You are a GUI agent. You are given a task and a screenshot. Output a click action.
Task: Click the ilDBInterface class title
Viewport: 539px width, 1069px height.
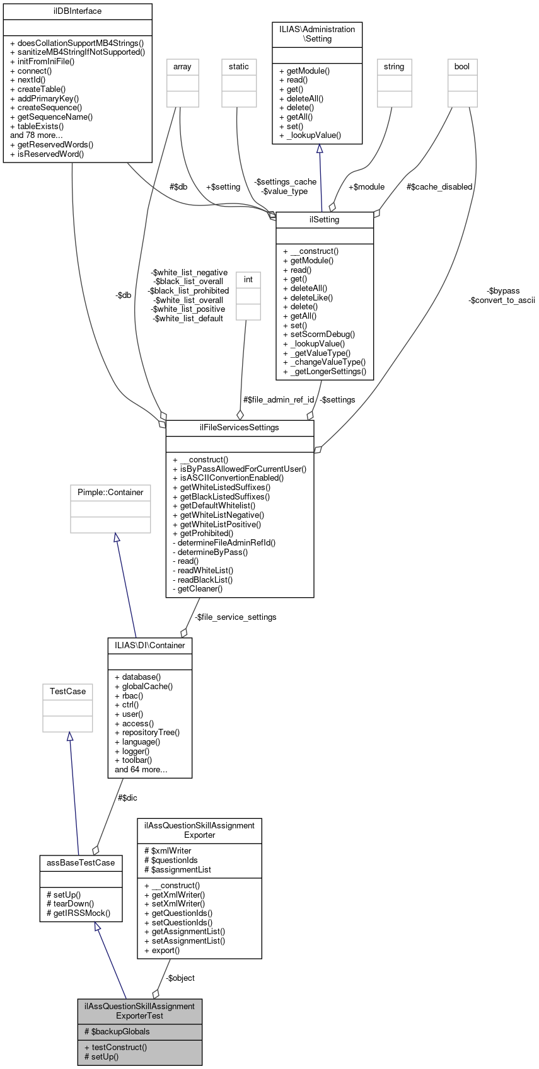click(x=78, y=11)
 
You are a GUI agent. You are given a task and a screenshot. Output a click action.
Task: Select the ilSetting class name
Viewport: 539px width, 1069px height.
click(x=325, y=220)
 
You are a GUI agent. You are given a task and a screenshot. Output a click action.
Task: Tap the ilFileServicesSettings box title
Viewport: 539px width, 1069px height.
click(x=240, y=427)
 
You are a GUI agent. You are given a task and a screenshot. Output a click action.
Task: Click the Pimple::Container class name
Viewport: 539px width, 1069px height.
click(x=110, y=492)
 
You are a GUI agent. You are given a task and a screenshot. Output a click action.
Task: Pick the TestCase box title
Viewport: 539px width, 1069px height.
click(x=67, y=691)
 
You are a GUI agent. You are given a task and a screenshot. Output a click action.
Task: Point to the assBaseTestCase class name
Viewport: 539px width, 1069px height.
click(x=81, y=862)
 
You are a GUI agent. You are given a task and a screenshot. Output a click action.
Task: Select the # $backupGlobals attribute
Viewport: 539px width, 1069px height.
click(x=117, y=1031)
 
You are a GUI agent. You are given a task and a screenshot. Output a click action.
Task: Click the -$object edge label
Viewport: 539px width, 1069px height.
click(x=180, y=978)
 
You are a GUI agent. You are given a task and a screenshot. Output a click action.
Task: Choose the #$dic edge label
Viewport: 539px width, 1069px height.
click(x=127, y=797)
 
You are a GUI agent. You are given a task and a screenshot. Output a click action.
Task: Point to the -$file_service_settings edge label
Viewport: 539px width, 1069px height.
click(x=235, y=617)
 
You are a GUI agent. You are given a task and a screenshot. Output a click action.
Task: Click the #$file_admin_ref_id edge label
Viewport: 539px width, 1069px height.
click(x=279, y=399)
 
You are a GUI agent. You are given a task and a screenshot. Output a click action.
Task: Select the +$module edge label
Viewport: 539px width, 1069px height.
click(x=366, y=186)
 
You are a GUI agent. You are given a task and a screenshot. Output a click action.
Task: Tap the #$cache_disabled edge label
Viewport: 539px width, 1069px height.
click(x=439, y=186)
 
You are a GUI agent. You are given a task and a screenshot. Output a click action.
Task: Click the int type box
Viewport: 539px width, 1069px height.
click(x=248, y=279)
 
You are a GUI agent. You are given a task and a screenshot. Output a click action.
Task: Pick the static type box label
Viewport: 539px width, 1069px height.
click(x=239, y=66)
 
